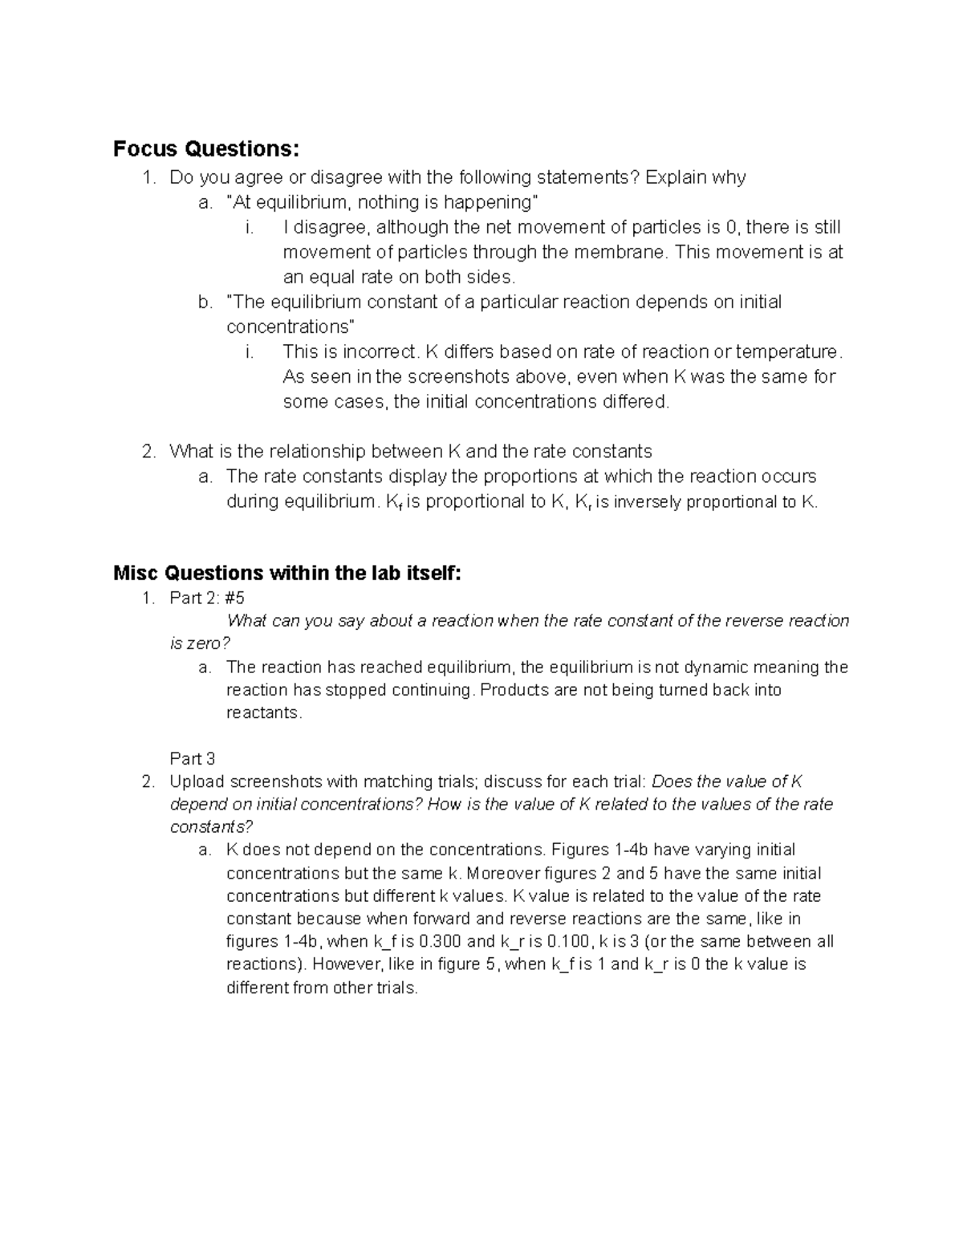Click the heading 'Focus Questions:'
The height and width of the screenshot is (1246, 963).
[x=205, y=149]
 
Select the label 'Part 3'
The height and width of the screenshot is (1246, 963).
[x=193, y=759]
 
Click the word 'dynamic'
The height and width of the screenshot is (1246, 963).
[x=715, y=668]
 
